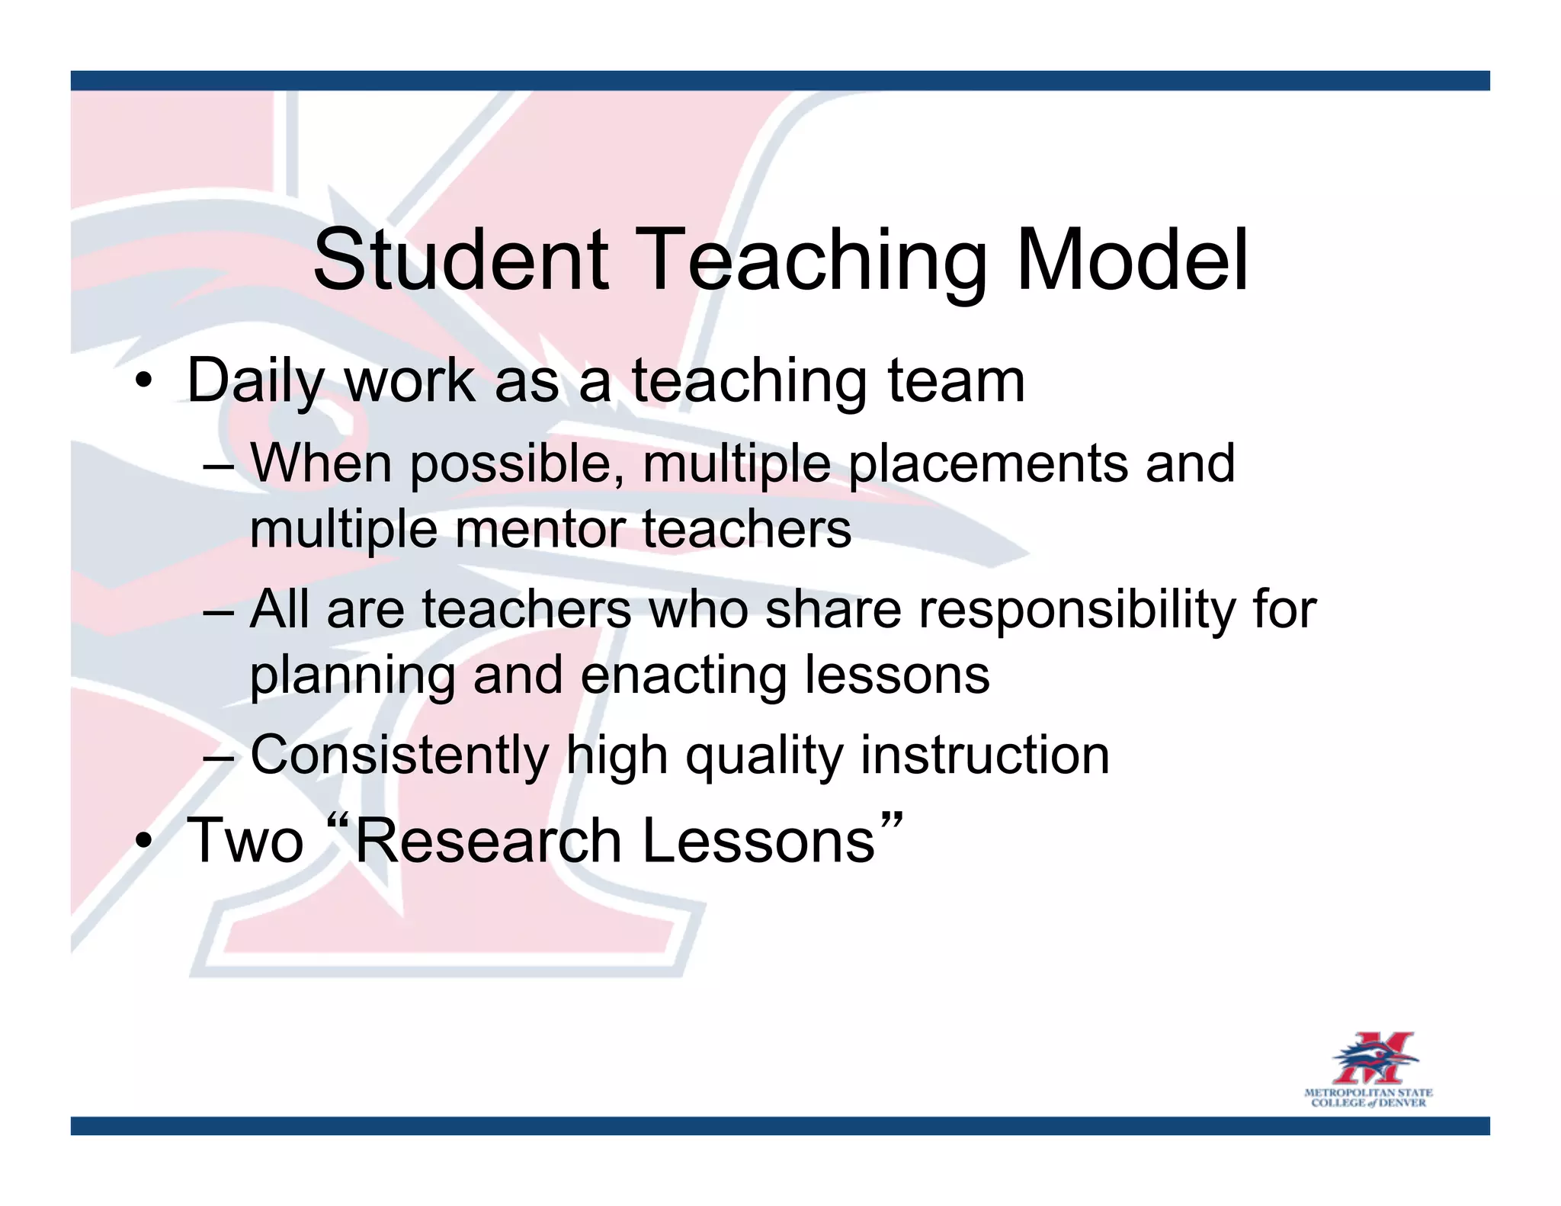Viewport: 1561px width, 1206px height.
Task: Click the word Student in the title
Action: (x=461, y=261)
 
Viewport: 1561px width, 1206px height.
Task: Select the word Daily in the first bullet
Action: (x=255, y=381)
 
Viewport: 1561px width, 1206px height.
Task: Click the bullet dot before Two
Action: (x=143, y=842)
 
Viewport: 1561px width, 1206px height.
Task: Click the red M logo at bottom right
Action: (x=1373, y=1058)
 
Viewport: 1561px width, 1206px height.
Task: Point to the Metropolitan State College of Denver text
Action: (x=1368, y=1098)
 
